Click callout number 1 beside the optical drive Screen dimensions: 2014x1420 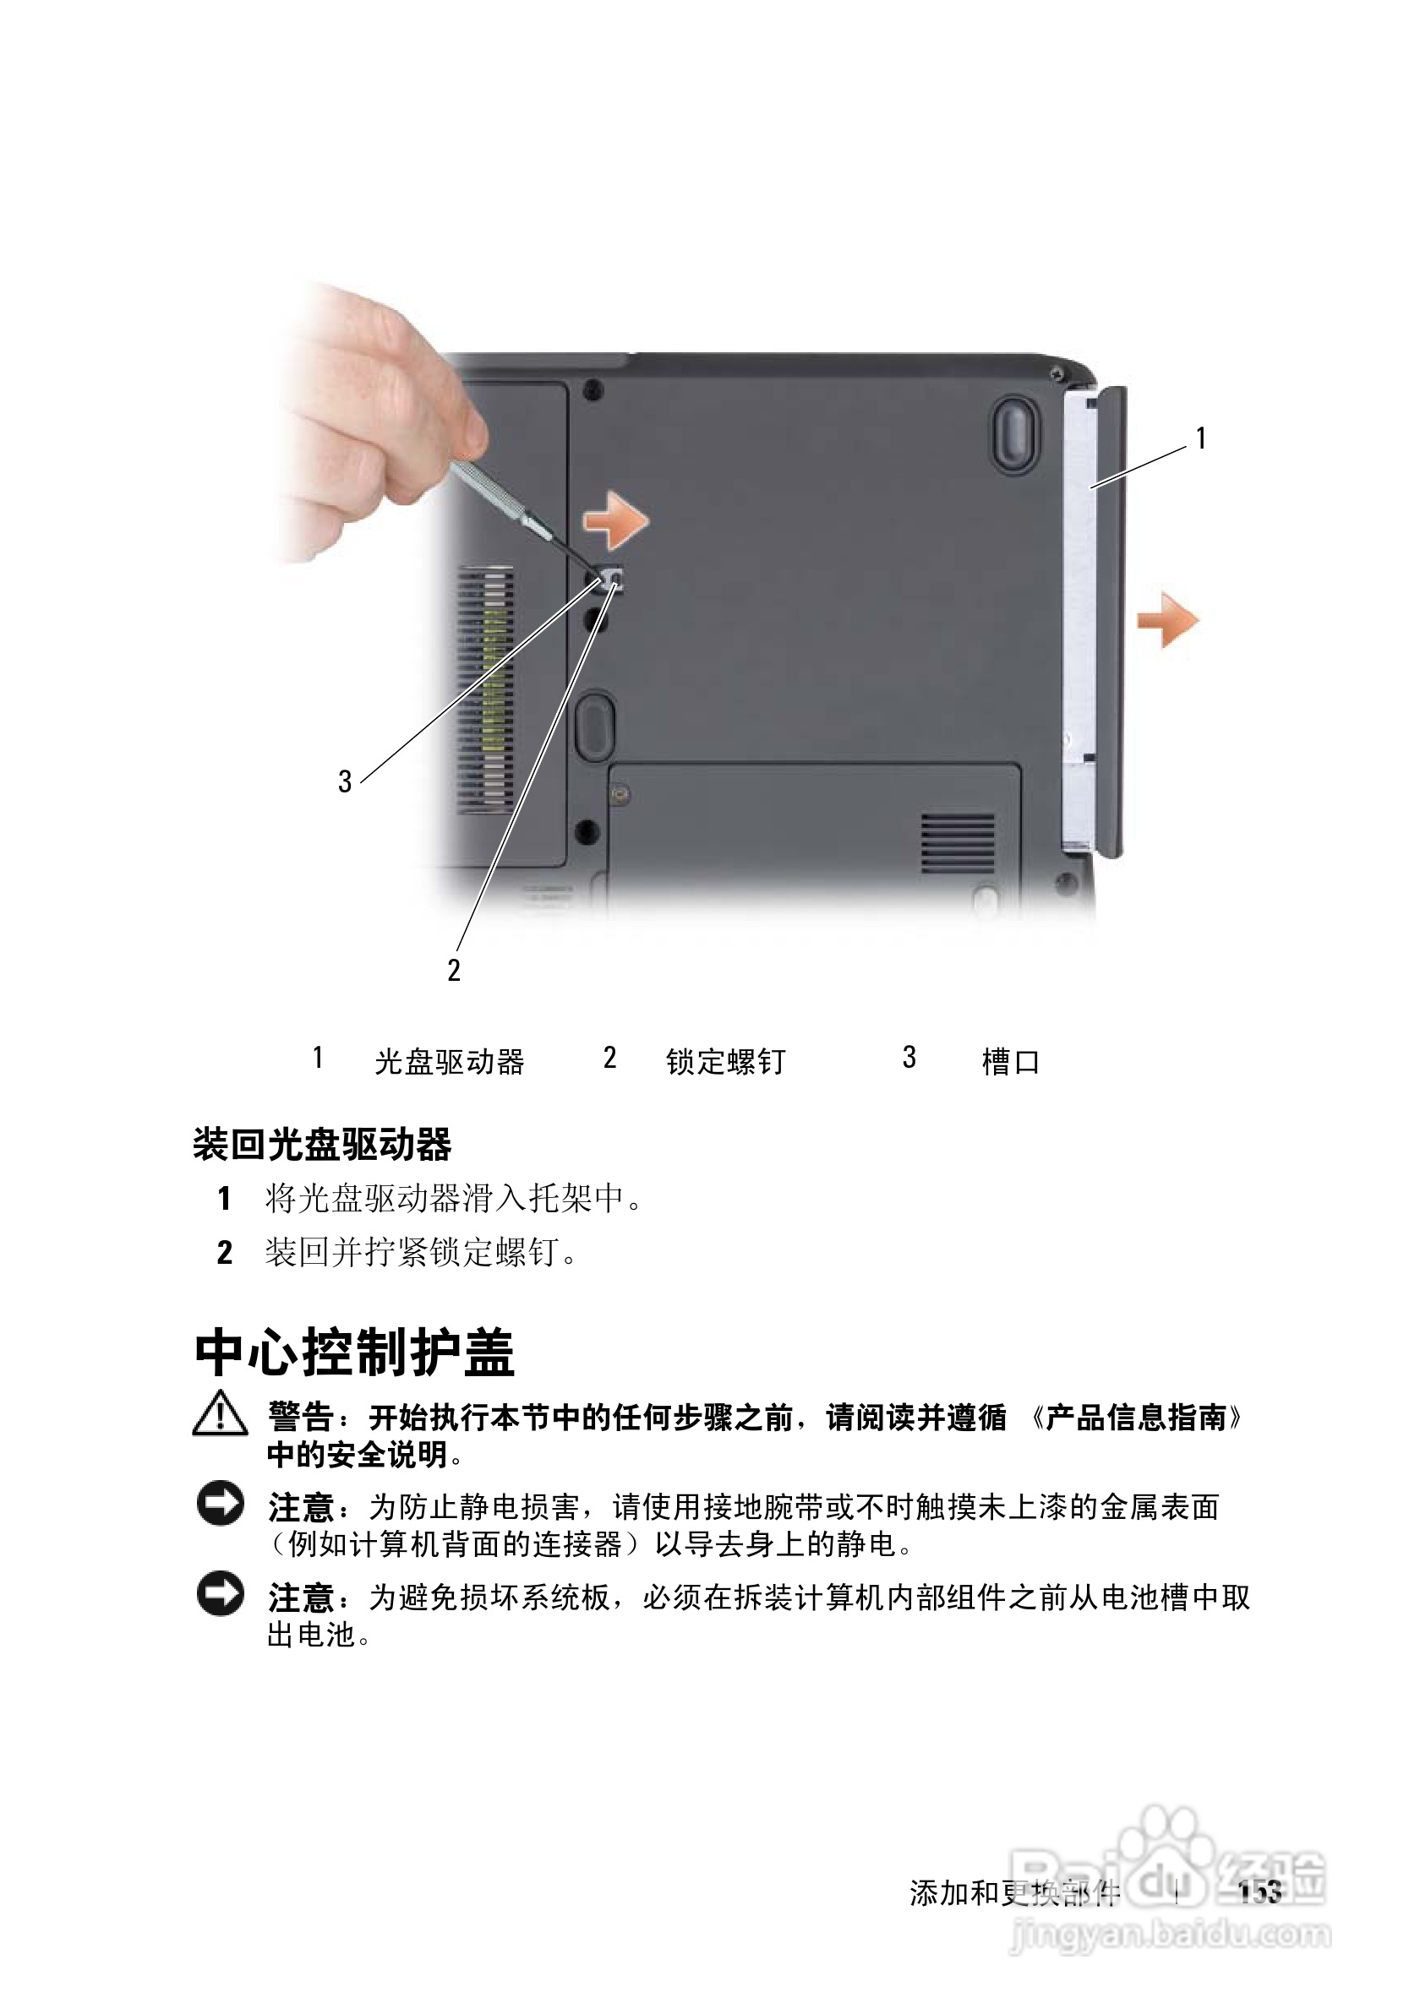[1200, 438]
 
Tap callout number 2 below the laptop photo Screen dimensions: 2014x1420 [453, 970]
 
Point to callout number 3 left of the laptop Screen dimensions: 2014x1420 [345, 781]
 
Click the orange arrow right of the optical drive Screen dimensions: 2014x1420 [1168, 620]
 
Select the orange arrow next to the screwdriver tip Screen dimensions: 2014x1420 [616, 520]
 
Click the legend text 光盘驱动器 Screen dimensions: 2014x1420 [449, 1062]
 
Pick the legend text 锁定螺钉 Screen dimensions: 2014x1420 [725, 1062]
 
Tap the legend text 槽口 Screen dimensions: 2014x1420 [1010, 1062]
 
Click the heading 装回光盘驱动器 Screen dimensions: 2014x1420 [322, 1145]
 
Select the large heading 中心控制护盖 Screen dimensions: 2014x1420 [354, 1353]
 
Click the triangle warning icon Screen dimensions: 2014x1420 [220, 1414]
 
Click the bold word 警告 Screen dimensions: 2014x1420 [300, 1417]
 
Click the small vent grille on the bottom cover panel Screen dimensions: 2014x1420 [958, 842]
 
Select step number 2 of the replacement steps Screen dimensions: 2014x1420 [225, 1253]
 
